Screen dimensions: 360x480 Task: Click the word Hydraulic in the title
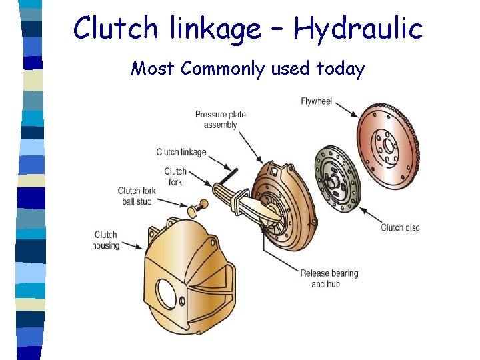coord(357,29)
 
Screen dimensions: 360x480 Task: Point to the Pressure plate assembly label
coord(220,119)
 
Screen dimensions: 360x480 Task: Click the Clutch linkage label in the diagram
coord(181,152)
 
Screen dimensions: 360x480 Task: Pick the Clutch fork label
coord(175,176)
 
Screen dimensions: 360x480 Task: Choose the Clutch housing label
coord(106,240)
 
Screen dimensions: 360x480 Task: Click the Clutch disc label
coord(400,227)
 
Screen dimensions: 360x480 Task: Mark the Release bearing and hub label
coord(329,279)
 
